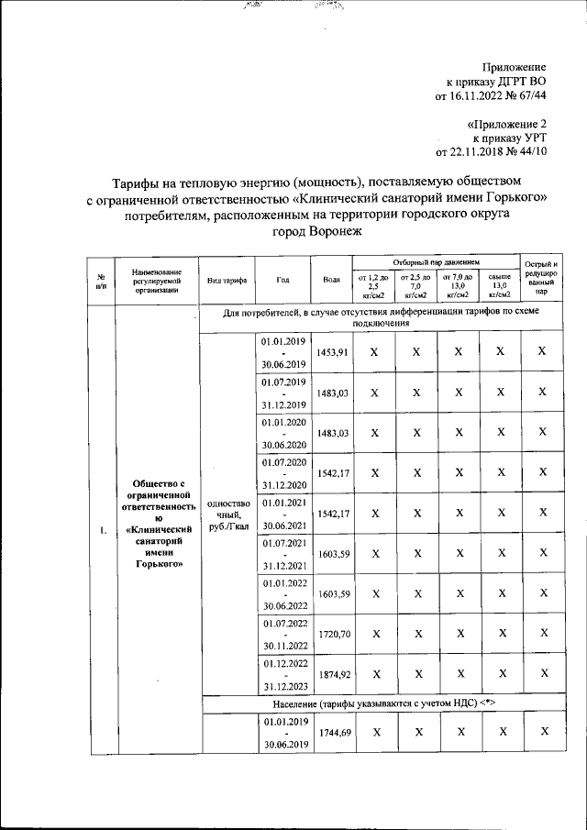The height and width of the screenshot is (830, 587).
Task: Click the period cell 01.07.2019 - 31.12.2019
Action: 282,393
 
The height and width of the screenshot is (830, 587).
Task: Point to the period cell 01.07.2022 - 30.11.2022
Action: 282,635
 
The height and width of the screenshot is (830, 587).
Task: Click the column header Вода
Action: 332,280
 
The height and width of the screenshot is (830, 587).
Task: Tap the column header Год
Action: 282,280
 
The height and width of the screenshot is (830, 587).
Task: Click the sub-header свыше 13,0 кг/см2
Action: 500,286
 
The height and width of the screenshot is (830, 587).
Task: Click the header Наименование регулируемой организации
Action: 156,280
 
